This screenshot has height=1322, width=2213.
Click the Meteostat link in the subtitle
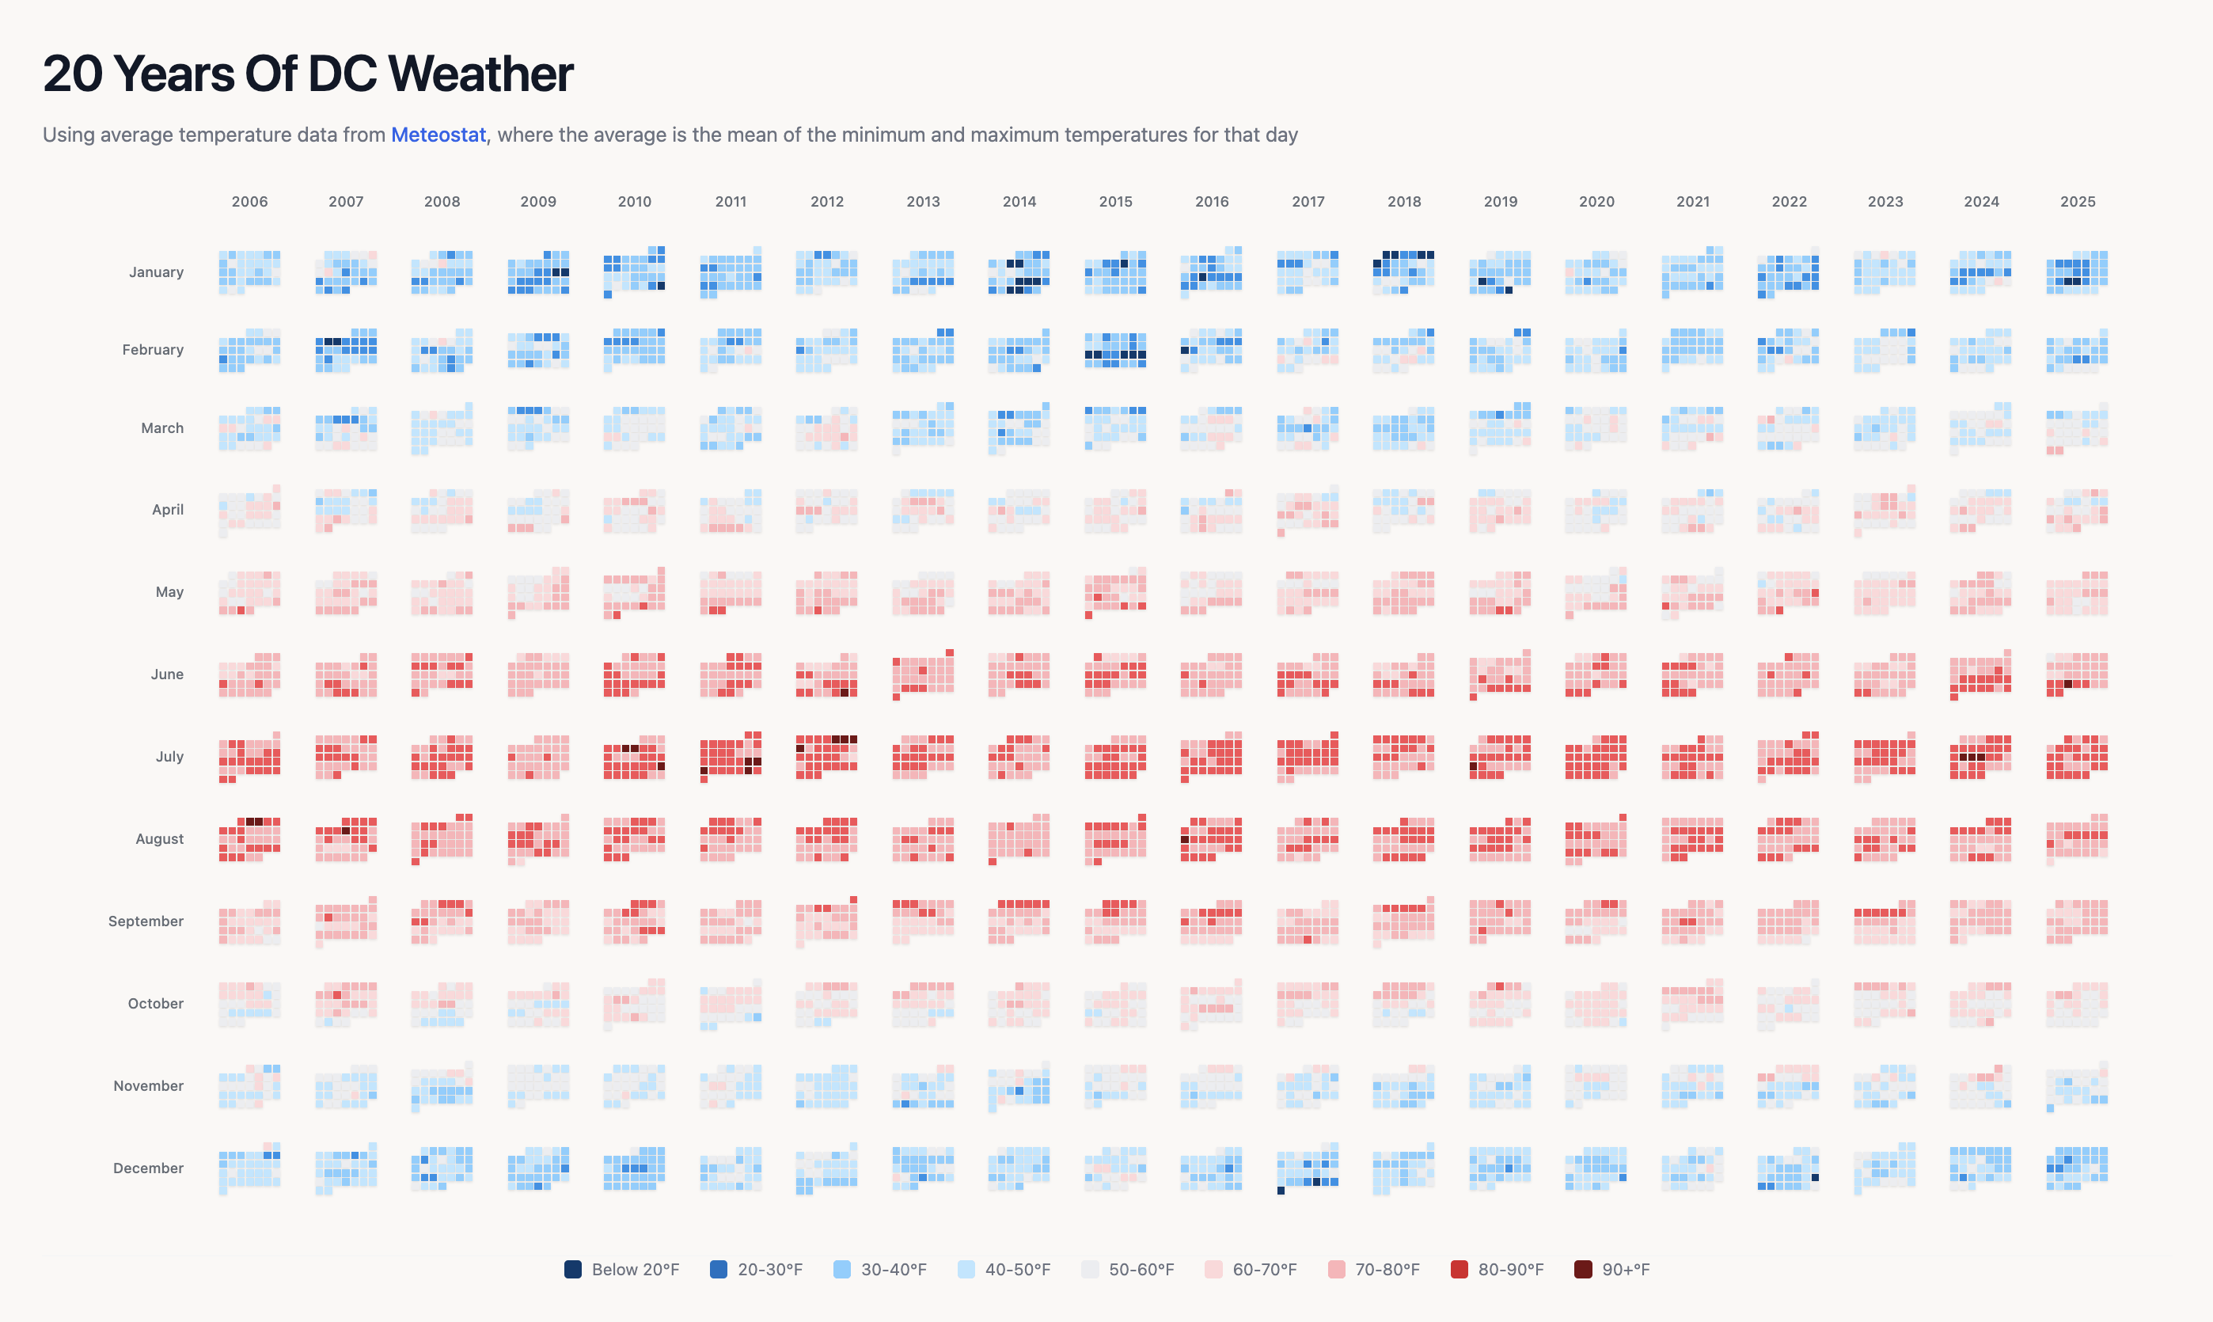(438, 135)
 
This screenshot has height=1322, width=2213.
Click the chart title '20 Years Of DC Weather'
(307, 73)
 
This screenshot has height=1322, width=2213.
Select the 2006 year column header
(249, 201)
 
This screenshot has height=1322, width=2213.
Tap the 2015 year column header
(1115, 201)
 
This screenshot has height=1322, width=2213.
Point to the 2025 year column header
(2077, 201)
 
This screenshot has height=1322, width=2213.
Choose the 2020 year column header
(1596, 201)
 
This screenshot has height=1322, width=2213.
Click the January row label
(156, 272)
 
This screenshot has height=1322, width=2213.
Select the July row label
(169, 756)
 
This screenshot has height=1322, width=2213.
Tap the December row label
(148, 1168)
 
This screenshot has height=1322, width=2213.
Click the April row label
(168, 510)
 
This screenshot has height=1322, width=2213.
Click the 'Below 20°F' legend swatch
(572, 1270)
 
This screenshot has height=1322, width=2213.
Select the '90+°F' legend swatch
(1582, 1270)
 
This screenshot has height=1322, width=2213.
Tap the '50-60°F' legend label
(1141, 1270)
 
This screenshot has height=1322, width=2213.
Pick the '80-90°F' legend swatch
(1459, 1270)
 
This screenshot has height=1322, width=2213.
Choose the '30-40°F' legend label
(894, 1270)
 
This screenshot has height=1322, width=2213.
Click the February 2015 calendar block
(1115, 350)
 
